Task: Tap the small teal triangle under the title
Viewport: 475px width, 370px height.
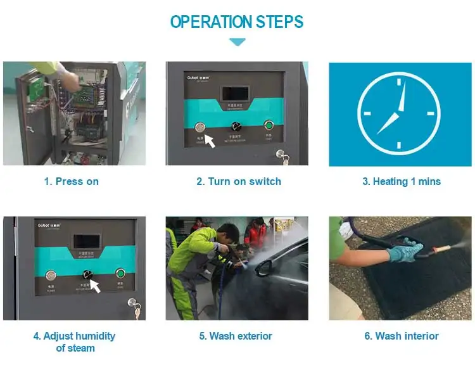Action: coord(237,42)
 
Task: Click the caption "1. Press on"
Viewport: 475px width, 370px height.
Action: coord(71,181)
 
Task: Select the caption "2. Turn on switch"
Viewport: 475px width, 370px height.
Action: coord(238,181)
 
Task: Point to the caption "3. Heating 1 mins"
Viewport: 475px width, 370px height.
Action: coord(401,181)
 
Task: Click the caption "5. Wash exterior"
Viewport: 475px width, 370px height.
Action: coord(238,336)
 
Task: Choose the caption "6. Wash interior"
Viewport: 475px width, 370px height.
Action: coord(401,336)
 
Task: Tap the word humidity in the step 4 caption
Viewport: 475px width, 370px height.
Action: coord(93,336)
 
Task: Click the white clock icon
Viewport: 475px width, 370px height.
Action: coord(399,113)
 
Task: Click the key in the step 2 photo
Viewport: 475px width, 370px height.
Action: coord(282,155)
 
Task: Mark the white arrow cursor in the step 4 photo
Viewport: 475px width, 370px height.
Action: coord(94,286)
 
